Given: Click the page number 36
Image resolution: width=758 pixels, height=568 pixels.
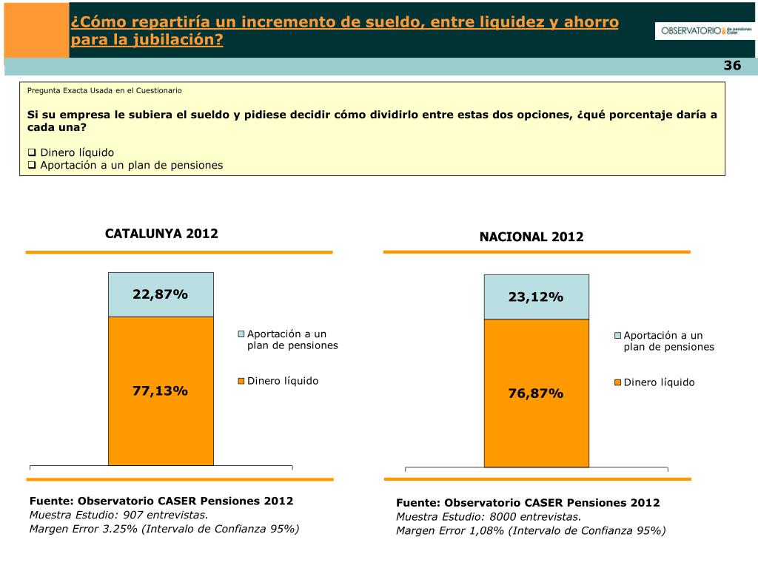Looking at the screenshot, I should click(x=732, y=66).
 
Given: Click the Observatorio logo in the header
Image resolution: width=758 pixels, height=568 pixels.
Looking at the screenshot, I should click(x=705, y=31).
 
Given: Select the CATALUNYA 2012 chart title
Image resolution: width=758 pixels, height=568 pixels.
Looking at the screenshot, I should click(x=161, y=234).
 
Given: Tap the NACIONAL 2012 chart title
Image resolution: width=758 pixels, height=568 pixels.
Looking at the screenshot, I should click(x=531, y=237).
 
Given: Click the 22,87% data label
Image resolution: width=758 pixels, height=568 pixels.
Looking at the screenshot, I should click(x=161, y=294).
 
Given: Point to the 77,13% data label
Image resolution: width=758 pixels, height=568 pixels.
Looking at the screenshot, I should click(x=161, y=390).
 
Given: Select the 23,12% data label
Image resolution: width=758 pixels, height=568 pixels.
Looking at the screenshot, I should click(x=536, y=297).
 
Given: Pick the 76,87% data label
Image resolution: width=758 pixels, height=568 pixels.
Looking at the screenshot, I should click(x=536, y=393).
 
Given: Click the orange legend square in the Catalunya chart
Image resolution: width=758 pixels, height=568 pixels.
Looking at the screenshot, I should click(x=241, y=382).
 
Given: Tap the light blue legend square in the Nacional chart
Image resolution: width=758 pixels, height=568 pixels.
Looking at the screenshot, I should click(x=617, y=336).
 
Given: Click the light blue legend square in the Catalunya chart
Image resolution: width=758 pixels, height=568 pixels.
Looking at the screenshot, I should click(x=241, y=334).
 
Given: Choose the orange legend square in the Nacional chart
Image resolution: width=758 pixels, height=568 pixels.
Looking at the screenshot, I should click(x=617, y=383).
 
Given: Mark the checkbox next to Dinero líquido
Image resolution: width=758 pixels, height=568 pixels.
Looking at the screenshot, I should click(x=32, y=152).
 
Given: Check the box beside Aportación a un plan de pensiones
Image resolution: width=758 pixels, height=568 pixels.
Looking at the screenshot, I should click(x=32, y=165).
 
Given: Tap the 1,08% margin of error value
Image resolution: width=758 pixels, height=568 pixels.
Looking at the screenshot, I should click(x=480, y=530).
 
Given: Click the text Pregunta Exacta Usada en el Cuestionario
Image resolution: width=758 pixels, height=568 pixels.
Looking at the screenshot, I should click(x=104, y=90).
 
